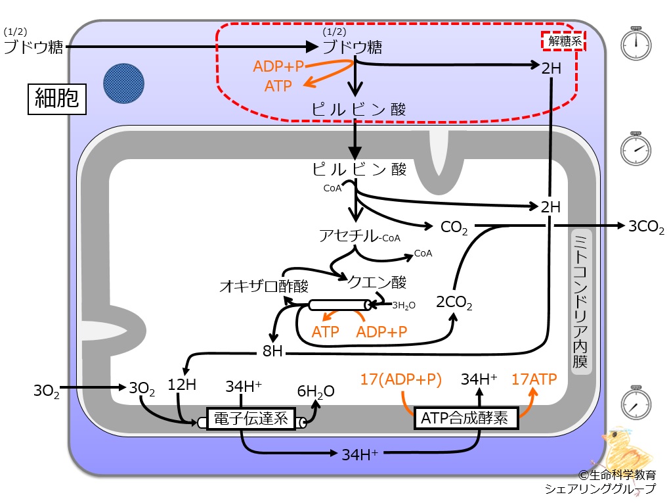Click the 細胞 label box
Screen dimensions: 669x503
[x=57, y=99]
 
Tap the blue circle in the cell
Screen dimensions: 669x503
[x=123, y=84]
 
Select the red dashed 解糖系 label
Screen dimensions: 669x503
[x=563, y=41]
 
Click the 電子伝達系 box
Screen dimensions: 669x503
[x=251, y=418]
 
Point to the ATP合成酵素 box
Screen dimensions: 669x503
[x=466, y=418]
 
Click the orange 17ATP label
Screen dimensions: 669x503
[x=534, y=379]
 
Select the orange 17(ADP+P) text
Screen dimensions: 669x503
[x=400, y=379]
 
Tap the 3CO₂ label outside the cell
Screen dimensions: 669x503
[x=646, y=226]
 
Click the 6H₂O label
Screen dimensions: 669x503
[x=316, y=391]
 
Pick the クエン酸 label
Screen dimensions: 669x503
[x=377, y=282]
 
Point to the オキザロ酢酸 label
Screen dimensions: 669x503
[x=264, y=286]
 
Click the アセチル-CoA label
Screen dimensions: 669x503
[x=360, y=235]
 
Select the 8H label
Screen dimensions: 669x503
[x=272, y=351]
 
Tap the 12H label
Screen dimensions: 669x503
[x=182, y=385]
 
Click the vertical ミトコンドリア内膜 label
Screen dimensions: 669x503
[x=580, y=301]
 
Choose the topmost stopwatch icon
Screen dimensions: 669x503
[x=636, y=43]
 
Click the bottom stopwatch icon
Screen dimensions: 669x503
[x=636, y=402]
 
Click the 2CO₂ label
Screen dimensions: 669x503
[x=454, y=302]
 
